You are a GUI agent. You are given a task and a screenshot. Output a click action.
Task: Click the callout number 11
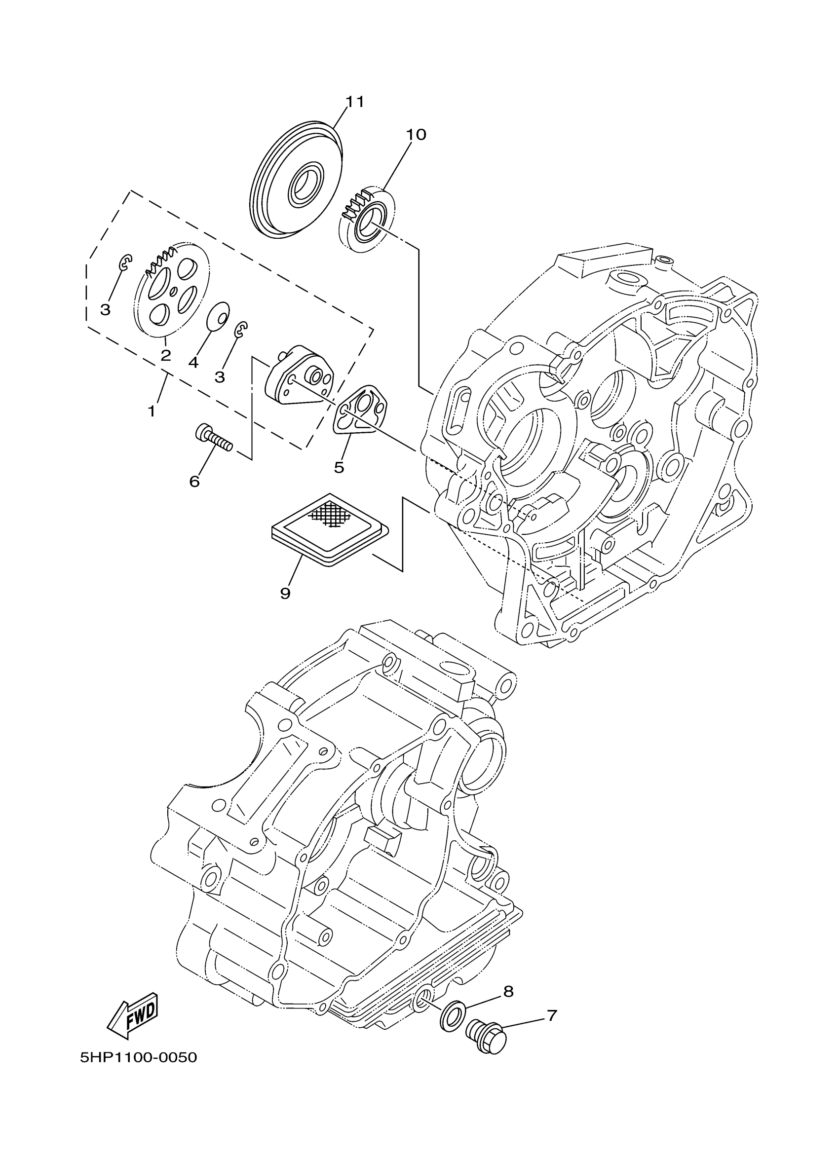click(x=355, y=102)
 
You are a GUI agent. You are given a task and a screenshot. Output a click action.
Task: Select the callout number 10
click(x=416, y=135)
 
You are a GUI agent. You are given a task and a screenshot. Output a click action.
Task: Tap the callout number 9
click(x=285, y=593)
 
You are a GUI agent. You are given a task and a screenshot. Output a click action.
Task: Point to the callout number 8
click(x=508, y=992)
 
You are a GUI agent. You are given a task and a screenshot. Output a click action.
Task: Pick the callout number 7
click(x=551, y=1015)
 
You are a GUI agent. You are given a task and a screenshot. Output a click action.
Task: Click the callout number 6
click(x=194, y=481)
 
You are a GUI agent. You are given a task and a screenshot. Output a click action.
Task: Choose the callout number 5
click(x=339, y=467)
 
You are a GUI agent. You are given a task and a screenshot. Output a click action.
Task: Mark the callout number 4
click(x=193, y=363)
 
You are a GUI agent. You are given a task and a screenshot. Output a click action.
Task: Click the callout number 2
click(x=165, y=355)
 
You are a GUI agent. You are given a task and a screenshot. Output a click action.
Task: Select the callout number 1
click(x=152, y=411)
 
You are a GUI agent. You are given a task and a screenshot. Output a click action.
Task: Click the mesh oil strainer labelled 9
click(x=329, y=528)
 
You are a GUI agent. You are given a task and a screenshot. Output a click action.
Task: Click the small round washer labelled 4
click(x=218, y=317)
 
